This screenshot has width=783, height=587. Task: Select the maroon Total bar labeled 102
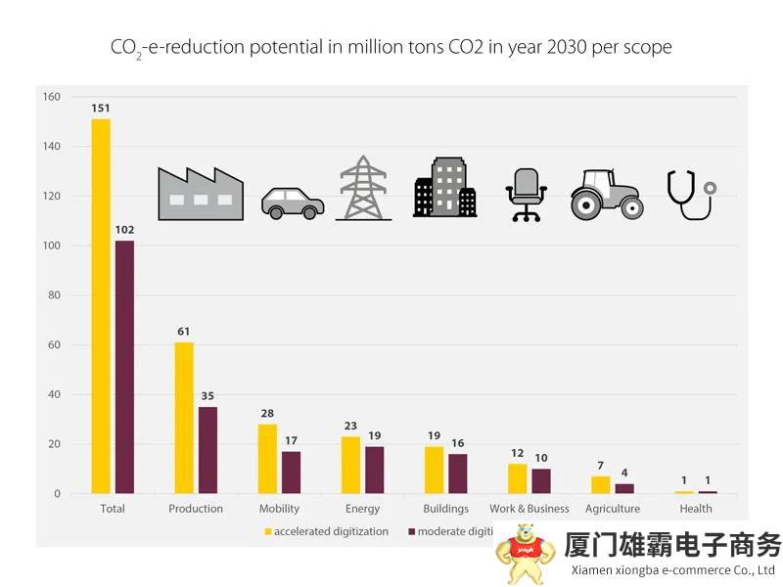[124, 367]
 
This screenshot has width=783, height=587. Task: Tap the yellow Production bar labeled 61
[184, 418]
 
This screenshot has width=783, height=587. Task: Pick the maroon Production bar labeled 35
[207, 450]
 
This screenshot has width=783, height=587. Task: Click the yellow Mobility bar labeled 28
[267, 459]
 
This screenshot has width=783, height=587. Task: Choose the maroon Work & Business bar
[541, 481]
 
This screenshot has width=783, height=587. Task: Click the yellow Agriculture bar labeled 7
[600, 484]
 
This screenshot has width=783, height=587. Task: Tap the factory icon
[200, 193]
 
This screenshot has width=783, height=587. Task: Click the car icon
[292, 203]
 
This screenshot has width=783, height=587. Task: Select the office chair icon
[526, 194]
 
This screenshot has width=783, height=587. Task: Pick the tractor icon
[607, 194]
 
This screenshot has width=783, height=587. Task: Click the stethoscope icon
[689, 194]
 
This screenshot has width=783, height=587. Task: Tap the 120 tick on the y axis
[51, 196]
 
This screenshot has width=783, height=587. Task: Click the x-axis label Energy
[362, 509]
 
